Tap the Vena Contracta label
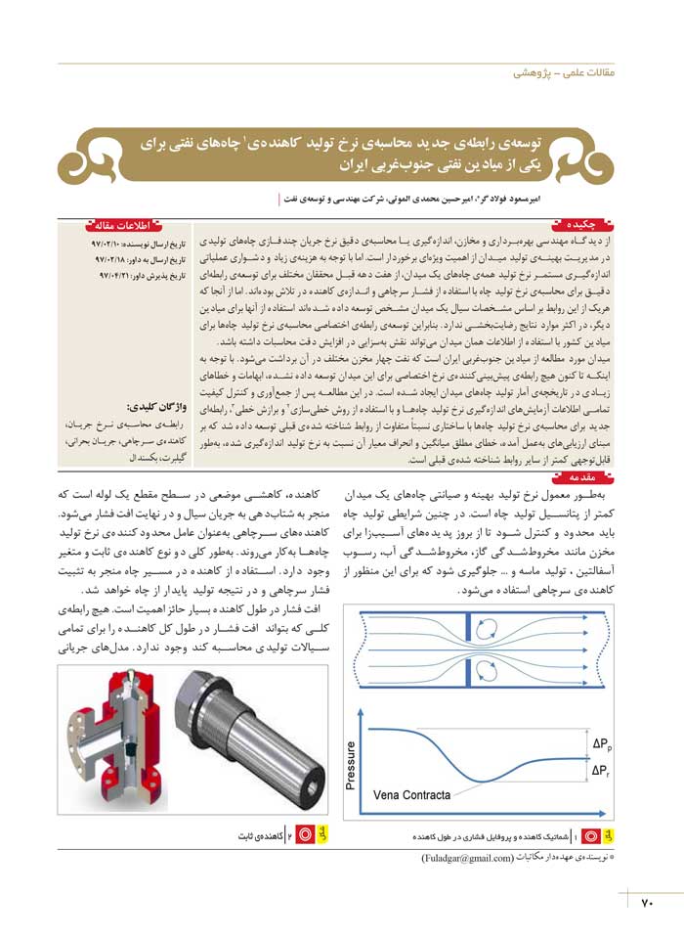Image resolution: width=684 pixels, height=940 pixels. [412, 795]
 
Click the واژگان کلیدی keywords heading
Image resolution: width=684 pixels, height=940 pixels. [150, 406]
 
